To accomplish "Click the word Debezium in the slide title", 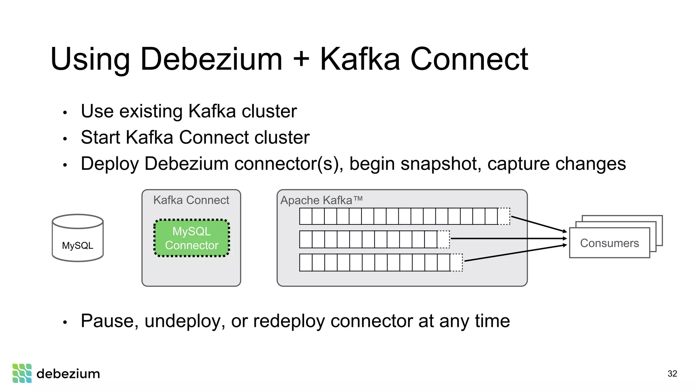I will click(211, 59).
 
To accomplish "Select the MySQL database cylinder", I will click(78, 238).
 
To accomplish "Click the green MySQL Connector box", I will click(192, 238).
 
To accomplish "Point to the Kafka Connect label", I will click(191, 200).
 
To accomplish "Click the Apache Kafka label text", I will click(321, 200).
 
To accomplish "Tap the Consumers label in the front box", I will click(609, 243).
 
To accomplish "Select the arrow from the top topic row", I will click(539, 224).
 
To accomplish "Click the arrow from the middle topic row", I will click(508, 239).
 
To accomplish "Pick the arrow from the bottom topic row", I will click(515, 253).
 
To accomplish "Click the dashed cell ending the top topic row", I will click(504, 216).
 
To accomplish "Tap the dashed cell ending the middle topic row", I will click(444, 239).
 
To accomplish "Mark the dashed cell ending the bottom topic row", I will click(456, 262).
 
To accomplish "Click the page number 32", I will click(672, 374).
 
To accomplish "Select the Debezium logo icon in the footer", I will click(22, 373).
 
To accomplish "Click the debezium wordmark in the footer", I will click(68, 374).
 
